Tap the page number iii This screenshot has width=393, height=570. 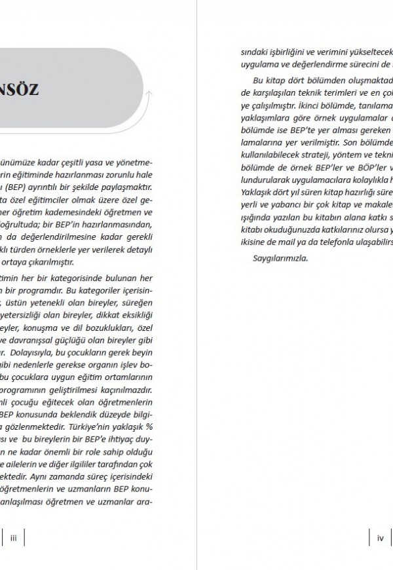click(13, 538)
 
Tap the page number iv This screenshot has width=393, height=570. click(380, 538)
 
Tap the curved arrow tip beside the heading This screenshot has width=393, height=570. click(151, 94)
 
